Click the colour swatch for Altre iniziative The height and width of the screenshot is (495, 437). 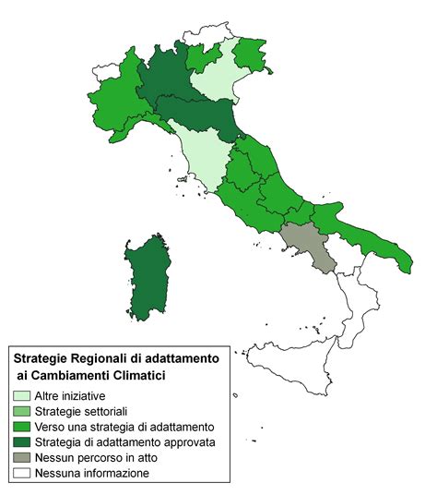(22, 395)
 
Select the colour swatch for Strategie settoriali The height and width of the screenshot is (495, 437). (22, 411)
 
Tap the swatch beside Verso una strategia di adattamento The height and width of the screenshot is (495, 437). (22, 427)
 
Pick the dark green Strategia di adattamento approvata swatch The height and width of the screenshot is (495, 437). (22, 442)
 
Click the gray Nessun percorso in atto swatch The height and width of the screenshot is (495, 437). (22, 458)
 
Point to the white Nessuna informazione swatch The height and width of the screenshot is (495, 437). (22, 474)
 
